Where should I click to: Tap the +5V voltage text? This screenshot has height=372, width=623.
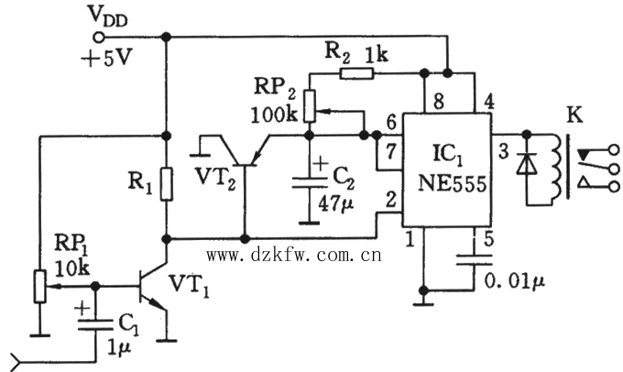click(x=105, y=60)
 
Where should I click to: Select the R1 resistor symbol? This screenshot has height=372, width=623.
click(x=166, y=183)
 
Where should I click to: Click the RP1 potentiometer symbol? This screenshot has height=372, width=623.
click(x=39, y=285)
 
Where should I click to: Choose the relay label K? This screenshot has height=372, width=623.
click(x=574, y=115)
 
